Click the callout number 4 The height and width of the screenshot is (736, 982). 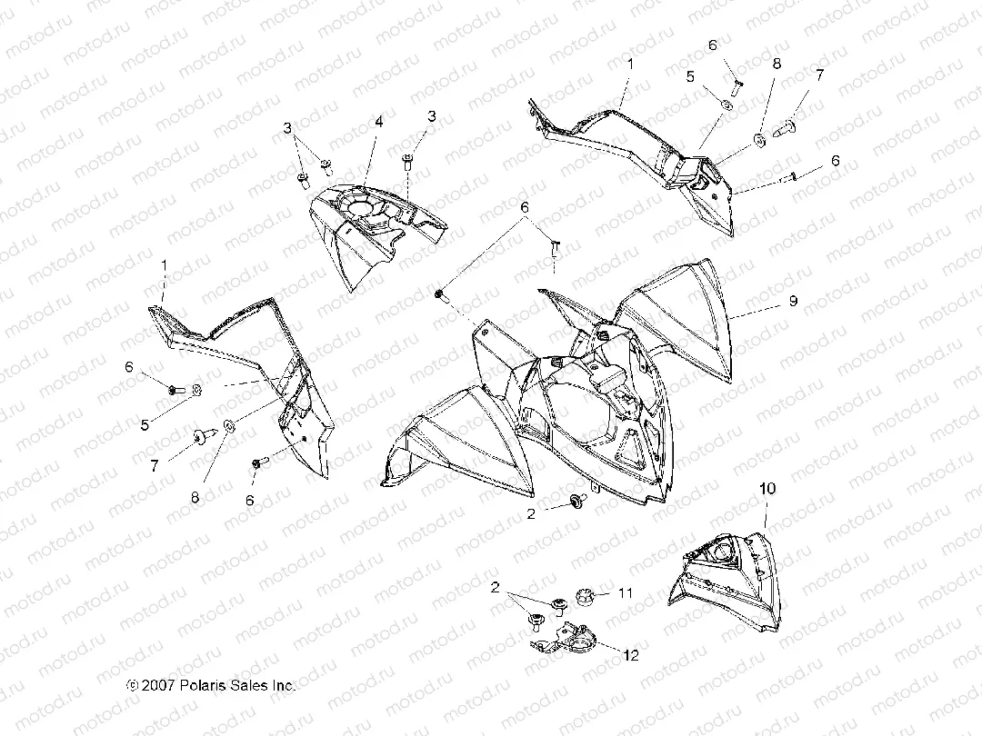pyautogui.click(x=378, y=122)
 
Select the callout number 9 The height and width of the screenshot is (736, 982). pyautogui.click(x=794, y=301)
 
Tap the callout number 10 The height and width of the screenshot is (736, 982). pyautogui.click(x=767, y=488)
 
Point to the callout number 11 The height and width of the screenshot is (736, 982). pyautogui.click(x=625, y=592)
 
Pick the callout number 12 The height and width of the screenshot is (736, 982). pyautogui.click(x=631, y=654)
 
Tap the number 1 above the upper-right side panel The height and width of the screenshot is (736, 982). pyautogui.click(x=631, y=64)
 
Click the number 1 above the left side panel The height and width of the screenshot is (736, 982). pyautogui.click(x=164, y=265)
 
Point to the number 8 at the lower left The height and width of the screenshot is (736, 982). pyautogui.click(x=195, y=497)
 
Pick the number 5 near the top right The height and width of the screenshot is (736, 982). pyautogui.click(x=690, y=76)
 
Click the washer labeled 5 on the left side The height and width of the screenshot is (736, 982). pyautogui.click(x=196, y=390)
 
